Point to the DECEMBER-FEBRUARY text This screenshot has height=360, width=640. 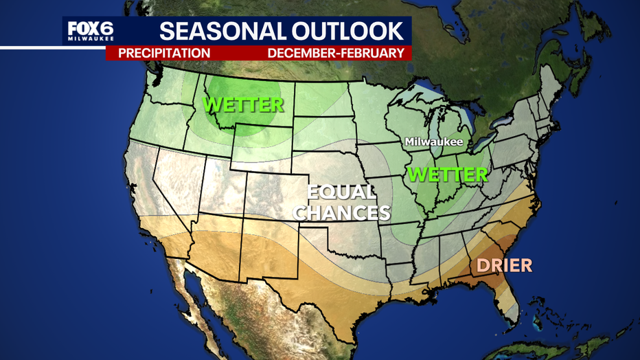coord(335,53)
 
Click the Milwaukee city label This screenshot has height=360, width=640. coord(433,142)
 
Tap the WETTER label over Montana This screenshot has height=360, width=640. coord(243,105)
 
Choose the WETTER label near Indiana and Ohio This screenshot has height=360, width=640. coord(447,175)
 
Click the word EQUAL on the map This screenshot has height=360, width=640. coord(341,192)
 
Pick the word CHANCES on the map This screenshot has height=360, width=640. coord(341,212)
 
